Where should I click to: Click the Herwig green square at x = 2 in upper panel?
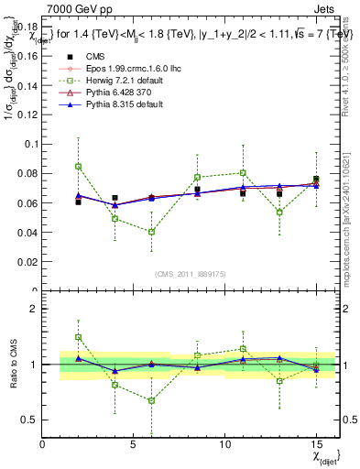click(x=78, y=167)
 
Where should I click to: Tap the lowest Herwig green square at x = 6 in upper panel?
click(x=151, y=232)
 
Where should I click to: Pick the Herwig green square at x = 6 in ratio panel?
click(x=151, y=400)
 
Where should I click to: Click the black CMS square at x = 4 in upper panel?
click(x=115, y=198)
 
